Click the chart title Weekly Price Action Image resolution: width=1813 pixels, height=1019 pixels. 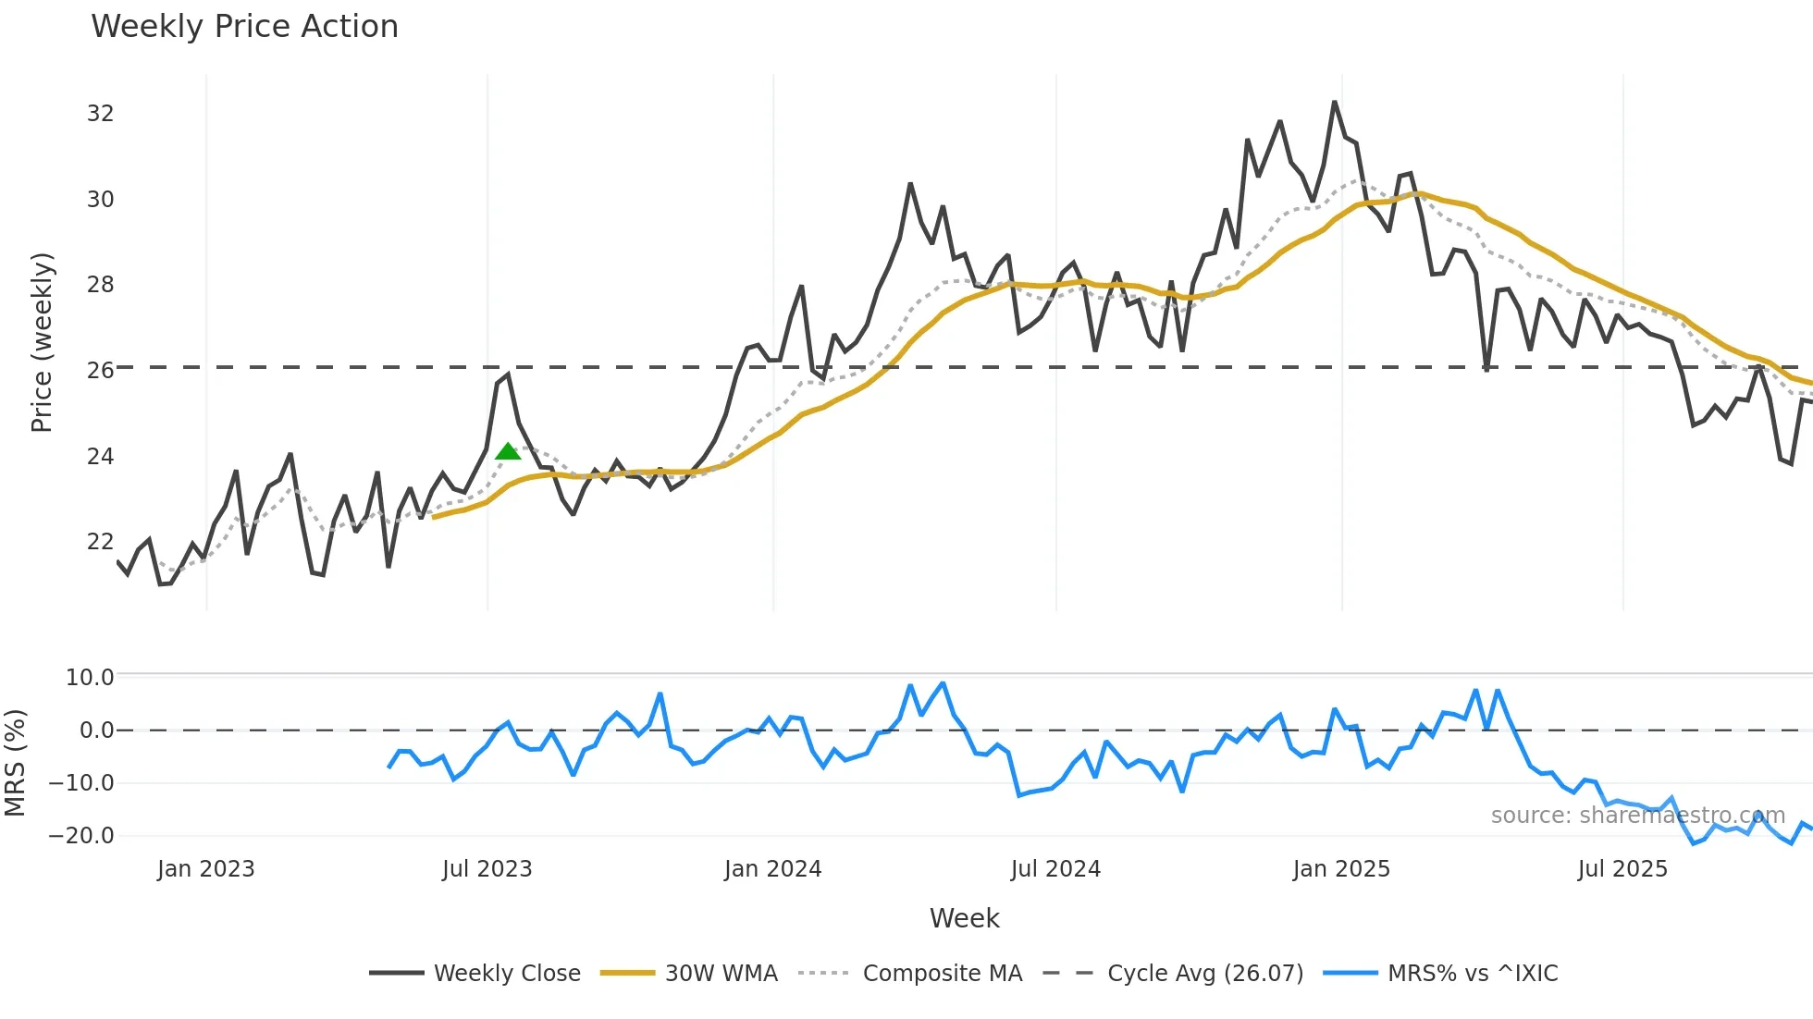tap(244, 27)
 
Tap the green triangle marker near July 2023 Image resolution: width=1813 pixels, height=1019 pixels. tap(508, 452)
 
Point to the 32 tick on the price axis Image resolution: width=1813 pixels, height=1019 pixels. tap(100, 114)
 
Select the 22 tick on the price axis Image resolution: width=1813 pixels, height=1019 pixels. tap(100, 542)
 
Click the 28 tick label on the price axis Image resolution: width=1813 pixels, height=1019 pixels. tap(100, 285)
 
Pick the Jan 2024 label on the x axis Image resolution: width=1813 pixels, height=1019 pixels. tap(772, 869)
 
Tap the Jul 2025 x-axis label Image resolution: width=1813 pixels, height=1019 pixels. tap(1622, 869)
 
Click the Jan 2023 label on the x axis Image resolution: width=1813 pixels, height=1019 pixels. tap(205, 869)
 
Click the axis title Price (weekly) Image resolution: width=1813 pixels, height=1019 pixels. tap(42, 342)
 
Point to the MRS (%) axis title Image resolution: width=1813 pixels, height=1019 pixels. tap(15, 763)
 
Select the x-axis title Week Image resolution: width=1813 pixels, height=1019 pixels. tap(964, 918)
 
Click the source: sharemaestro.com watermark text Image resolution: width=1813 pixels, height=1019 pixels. tap(1637, 816)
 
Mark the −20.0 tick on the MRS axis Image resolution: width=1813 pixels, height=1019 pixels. tap(81, 836)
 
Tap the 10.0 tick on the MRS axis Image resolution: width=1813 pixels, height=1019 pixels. tap(89, 678)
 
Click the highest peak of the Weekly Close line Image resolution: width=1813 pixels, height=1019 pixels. tap(1335, 103)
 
